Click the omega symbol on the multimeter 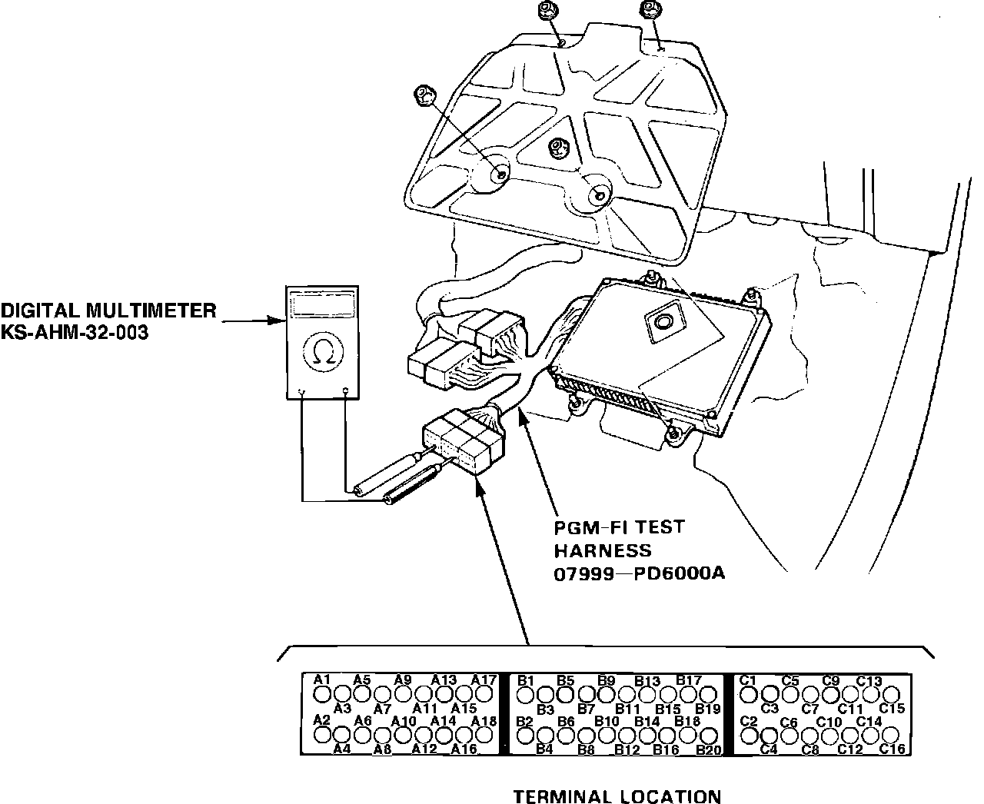[x=324, y=351]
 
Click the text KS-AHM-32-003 [x=74, y=333]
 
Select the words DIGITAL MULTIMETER [x=108, y=311]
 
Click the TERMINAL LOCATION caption [x=617, y=796]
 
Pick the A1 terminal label [x=322, y=679]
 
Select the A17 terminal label [x=484, y=679]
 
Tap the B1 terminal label [x=525, y=680]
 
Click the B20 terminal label [x=708, y=749]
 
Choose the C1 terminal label [x=748, y=680]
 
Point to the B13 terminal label [x=647, y=680]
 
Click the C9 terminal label [x=830, y=680]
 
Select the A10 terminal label [x=404, y=721]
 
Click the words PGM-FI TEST [x=619, y=528]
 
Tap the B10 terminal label [x=607, y=721]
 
